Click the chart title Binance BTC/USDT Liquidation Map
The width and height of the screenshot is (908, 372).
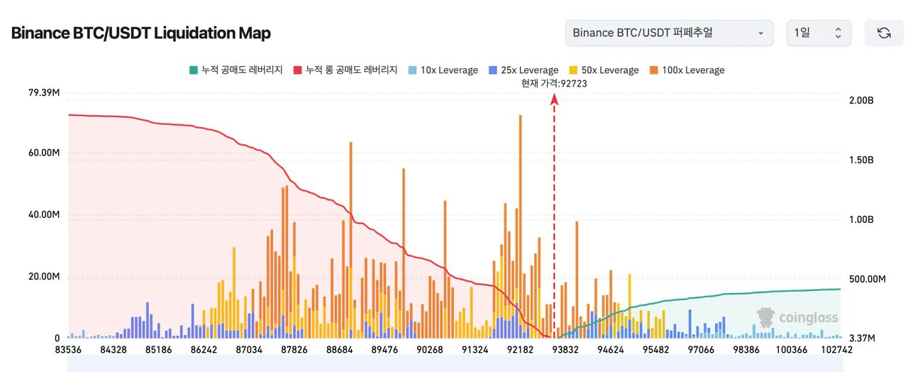(140, 33)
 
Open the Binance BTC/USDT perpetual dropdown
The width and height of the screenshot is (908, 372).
(669, 33)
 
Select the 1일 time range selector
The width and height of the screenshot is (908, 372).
(818, 33)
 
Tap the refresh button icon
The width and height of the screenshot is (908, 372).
(883, 33)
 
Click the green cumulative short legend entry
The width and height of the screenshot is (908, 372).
(236, 70)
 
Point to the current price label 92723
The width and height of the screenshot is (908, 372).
(554, 83)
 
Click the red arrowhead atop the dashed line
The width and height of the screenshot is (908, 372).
(555, 100)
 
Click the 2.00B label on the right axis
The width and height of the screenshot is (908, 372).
(861, 101)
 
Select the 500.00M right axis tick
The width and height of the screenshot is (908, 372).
(867, 279)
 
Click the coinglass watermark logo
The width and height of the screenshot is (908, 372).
(797, 317)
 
